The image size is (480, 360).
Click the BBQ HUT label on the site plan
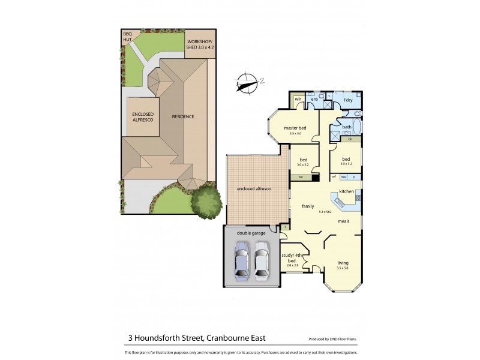click(x=127, y=37)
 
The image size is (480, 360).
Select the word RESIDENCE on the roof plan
click(x=183, y=116)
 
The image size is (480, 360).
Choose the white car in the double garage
click(x=262, y=259)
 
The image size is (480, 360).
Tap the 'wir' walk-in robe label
click(x=297, y=99)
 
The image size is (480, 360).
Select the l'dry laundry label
click(x=347, y=98)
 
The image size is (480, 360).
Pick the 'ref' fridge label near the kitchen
click(x=334, y=177)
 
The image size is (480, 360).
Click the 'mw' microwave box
click(x=344, y=177)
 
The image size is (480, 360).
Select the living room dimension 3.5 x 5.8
click(x=343, y=268)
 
